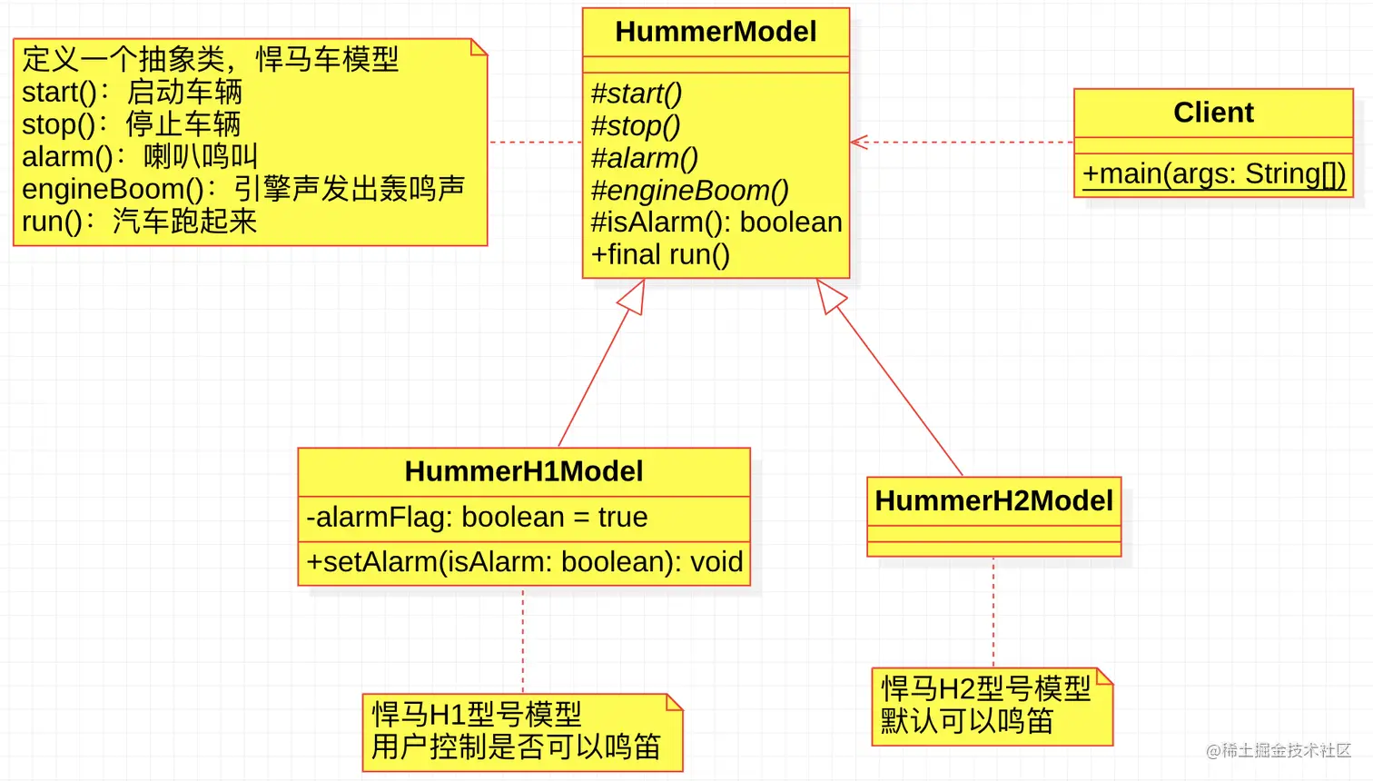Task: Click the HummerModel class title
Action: click(716, 32)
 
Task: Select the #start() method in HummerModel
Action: click(636, 94)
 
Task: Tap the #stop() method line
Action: click(635, 126)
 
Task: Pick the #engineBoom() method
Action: click(689, 191)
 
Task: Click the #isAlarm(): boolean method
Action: click(716, 222)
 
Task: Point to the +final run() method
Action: click(660, 255)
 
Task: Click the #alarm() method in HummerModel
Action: click(644, 158)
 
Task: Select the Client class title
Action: click(1213, 113)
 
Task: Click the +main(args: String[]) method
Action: click(1213, 173)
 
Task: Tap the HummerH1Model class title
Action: click(524, 471)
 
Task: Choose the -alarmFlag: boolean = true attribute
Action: click(477, 518)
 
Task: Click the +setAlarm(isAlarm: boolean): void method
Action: click(524, 562)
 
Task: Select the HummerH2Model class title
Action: click(993, 500)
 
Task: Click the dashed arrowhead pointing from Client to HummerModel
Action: click(858, 143)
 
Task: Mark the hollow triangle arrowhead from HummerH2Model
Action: click(829, 295)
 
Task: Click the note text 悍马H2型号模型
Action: click(985, 688)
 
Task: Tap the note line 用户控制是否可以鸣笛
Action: click(516, 746)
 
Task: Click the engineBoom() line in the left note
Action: click(243, 189)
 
